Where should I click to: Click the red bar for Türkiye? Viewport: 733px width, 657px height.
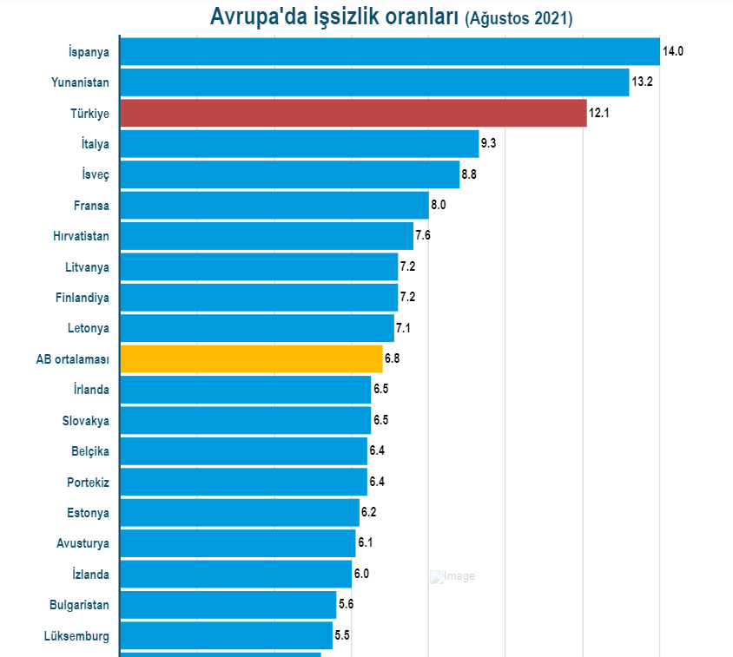(x=353, y=113)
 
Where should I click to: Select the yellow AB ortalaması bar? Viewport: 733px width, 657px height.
(x=251, y=358)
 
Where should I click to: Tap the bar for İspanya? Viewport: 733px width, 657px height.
(x=389, y=51)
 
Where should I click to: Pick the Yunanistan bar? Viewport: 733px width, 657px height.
(x=373, y=82)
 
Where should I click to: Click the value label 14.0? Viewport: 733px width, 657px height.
(x=673, y=51)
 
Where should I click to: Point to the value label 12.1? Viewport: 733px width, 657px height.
(x=600, y=113)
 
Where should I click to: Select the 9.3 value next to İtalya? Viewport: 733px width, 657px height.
(x=488, y=143)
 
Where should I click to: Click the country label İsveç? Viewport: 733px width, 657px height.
(x=95, y=174)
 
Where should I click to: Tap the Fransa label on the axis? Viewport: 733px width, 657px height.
(x=91, y=206)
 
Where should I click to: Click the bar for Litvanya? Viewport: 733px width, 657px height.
(x=258, y=266)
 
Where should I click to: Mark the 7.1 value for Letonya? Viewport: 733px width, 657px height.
(x=404, y=328)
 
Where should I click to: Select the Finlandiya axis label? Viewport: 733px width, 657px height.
(x=83, y=298)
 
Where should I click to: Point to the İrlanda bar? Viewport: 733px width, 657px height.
(x=245, y=389)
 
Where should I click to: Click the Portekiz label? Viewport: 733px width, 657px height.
(x=88, y=482)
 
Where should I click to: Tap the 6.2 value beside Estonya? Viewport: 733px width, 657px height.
(x=369, y=512)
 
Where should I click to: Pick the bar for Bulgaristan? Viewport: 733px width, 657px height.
(x=228, y=604)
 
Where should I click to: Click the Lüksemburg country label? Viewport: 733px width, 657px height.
(x=76, y=635)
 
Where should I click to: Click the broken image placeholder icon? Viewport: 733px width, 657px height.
(x=437, y=577)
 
